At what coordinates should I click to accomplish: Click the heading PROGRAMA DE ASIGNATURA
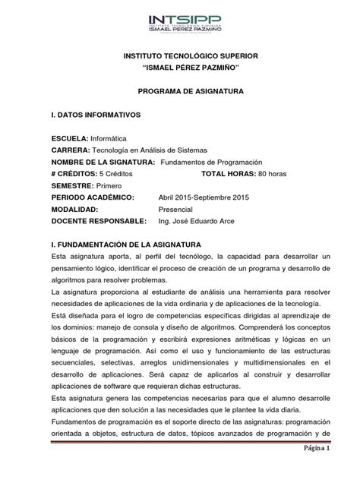[179, 90]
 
